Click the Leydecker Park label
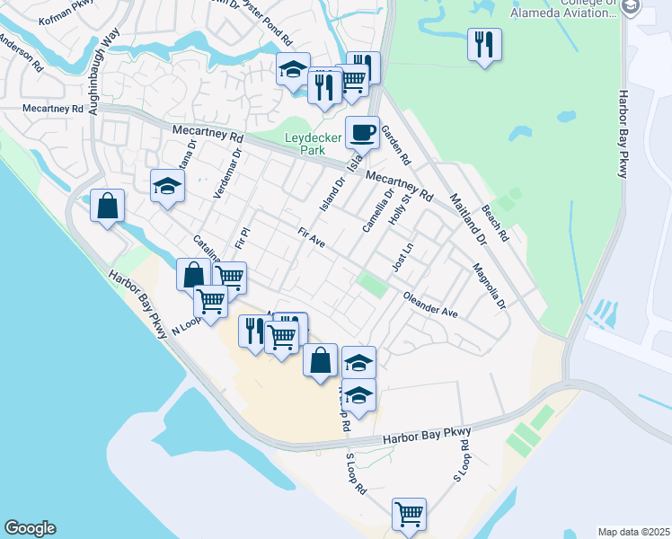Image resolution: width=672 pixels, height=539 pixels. (x=305, y=144)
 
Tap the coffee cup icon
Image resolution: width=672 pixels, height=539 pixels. (x=362, y=132)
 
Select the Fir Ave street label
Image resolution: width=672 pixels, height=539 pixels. (x=311, y=238)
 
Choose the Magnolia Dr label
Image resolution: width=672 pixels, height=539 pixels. (x=490, y=285)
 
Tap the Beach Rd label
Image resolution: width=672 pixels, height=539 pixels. (x=495, y=224)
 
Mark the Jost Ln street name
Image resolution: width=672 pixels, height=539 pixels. (x=402, y=258)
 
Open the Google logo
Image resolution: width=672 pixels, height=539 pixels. (x=30, y=528)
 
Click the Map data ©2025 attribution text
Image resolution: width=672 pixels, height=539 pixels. (x=633, y=532)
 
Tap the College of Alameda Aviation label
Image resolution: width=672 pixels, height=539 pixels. (x=562, y=9)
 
